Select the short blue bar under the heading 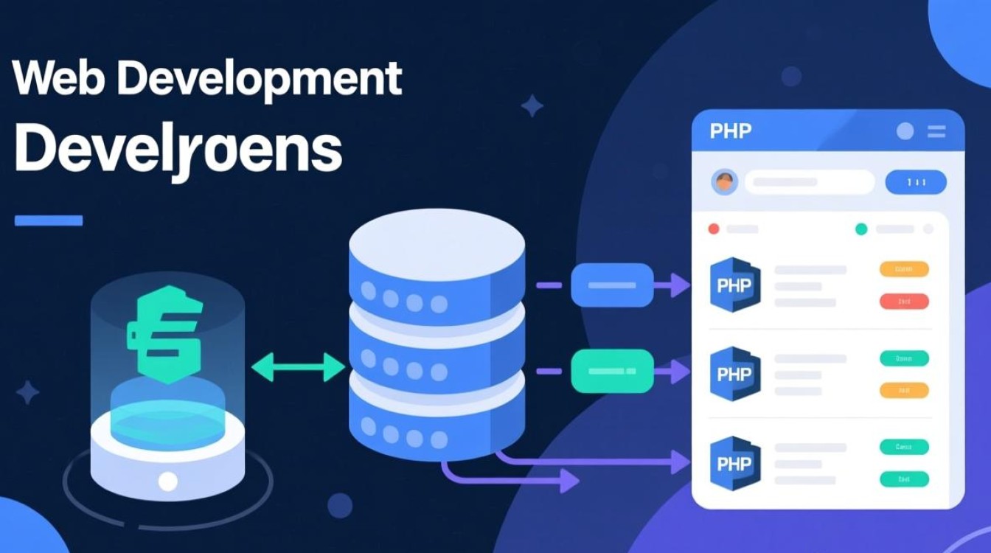pos(49,220)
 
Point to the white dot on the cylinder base pos(168,481)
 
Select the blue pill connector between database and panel pos(612,285)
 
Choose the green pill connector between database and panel pos(612,371)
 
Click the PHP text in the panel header pos(730,131)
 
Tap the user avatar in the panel pos(725,181)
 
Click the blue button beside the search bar pos(915,181)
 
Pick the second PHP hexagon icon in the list pos(734,374)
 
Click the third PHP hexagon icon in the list pos(734,464)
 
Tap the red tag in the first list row pos(904,302)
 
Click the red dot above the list pos(713,229)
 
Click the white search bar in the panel pos(808,181)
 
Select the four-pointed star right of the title pos(532,105)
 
